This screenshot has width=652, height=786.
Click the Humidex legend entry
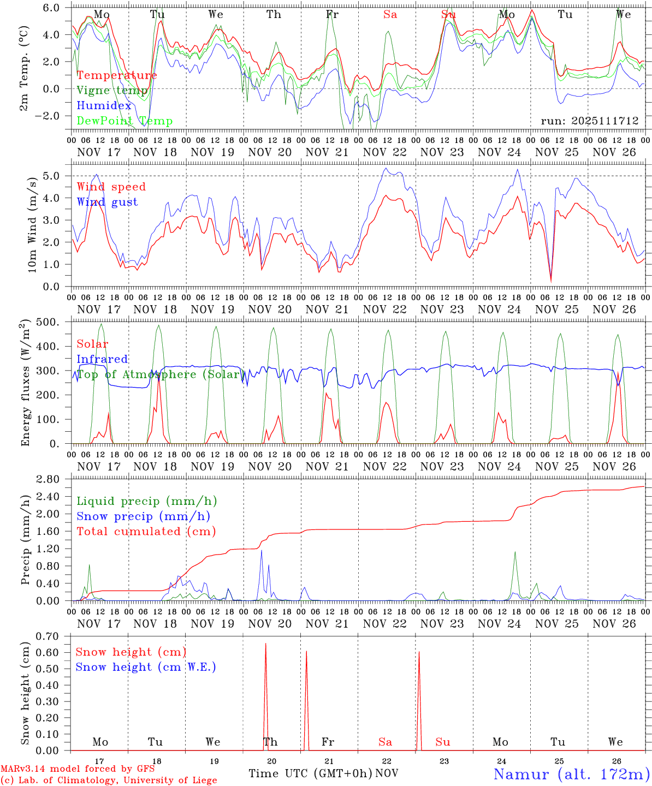(x=104, y=106)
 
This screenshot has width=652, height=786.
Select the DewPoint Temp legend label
(x=125, y=121)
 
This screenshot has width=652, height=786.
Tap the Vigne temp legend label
(x=112, y=91)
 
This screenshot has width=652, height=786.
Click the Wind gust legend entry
(x=108, y=203)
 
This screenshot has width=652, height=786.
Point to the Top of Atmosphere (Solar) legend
(x=159, y=374)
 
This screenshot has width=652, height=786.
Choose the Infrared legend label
(x=102, y=359)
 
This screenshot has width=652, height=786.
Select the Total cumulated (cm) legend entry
(x=146, y=532)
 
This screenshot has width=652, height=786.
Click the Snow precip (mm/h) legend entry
(x=144, y=516)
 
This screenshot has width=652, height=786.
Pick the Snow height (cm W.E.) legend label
(x=146, y=667)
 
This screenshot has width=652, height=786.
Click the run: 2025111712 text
(x=590, y=121)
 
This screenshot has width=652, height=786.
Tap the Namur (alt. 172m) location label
(x=571, y=774)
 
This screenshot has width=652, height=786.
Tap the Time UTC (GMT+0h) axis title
(x=311, y=773)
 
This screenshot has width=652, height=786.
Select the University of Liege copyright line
(x=109, y=781)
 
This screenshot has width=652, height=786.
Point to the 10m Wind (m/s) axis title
(x=31, y=224)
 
